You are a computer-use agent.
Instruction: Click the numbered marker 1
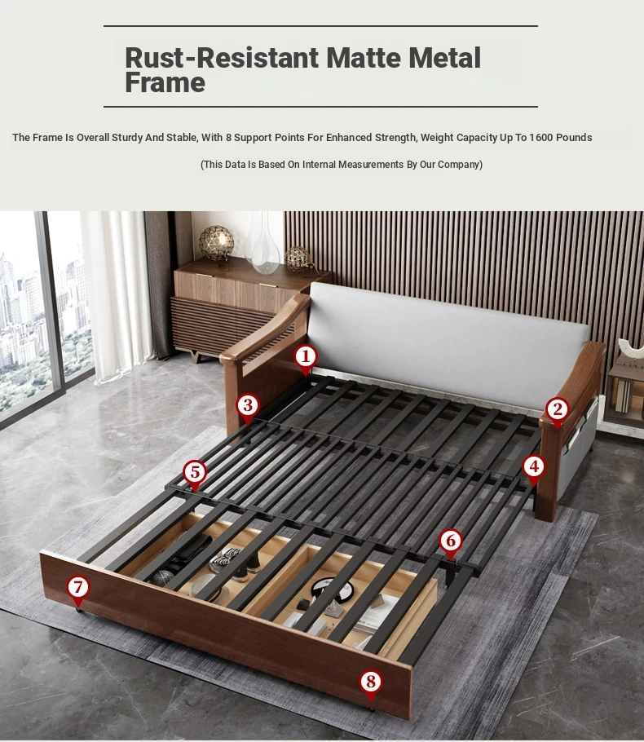(x=305, y=357)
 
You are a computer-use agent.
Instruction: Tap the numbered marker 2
(x=557, y=410)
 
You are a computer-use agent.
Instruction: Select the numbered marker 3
(x=248, y=405)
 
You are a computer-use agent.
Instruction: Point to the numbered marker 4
(x=534, y=467)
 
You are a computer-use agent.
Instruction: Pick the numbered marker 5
(x=195, y=472)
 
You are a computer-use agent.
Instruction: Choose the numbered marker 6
(x=451, y=541)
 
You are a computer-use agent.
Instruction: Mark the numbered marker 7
(x=78, y=588)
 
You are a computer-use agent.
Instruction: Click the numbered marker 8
(x=370, y=682)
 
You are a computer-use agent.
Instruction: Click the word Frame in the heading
(x=165, y=83)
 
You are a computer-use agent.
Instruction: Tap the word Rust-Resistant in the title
(x=222, y=58)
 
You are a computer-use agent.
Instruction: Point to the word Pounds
(x=574, y=138)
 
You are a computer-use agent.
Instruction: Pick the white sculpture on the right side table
(x=632, y=350)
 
